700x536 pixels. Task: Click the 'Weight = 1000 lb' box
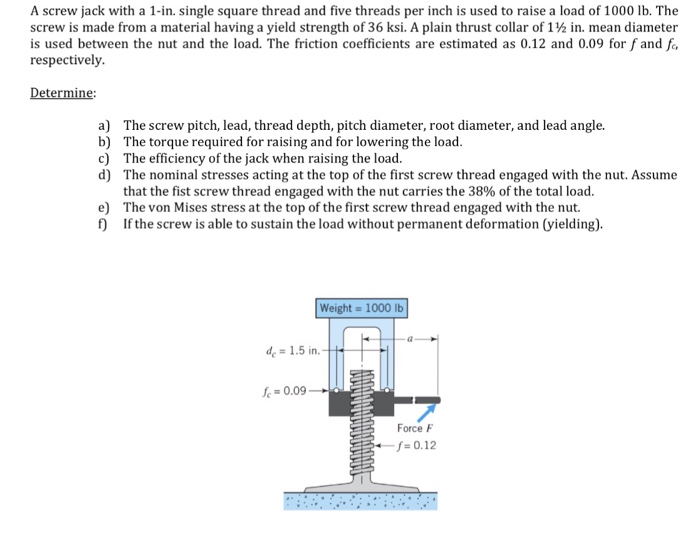[362, 307]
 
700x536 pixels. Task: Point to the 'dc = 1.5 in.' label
[290, 351]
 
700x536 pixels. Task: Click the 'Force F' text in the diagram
[417, 428]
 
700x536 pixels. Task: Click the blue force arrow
[428, 411]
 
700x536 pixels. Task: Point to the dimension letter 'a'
[410, 340]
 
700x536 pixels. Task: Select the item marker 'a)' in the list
[105, 125]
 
